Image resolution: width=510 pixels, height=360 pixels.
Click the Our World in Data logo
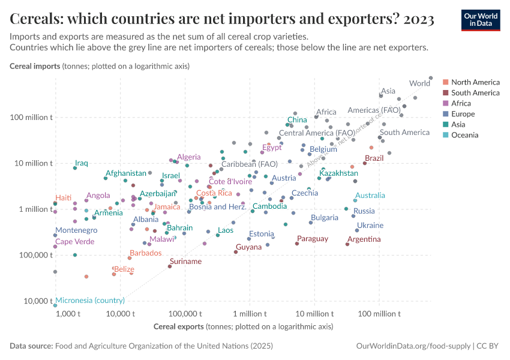(x=480, y=19)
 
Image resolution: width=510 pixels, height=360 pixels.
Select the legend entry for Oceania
(x=465, y=135)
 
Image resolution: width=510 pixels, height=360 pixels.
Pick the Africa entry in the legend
(x=461, y=103)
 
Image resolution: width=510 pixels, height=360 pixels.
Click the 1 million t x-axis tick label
(x=249, y=314)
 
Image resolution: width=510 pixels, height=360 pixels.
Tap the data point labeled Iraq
(x=75, y=168)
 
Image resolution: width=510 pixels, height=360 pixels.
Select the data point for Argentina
(x=347, y=244)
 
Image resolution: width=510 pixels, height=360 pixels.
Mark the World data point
(x=431, y=77)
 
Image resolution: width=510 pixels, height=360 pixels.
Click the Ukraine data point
(x=357, y=230)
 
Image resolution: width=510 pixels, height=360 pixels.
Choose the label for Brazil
(x=374, y=158)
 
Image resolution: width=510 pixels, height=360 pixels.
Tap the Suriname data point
(x=170, y=266)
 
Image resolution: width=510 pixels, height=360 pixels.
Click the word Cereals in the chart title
(x=34, y=19)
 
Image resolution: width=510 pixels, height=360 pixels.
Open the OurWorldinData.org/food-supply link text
(x=413, y=346)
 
